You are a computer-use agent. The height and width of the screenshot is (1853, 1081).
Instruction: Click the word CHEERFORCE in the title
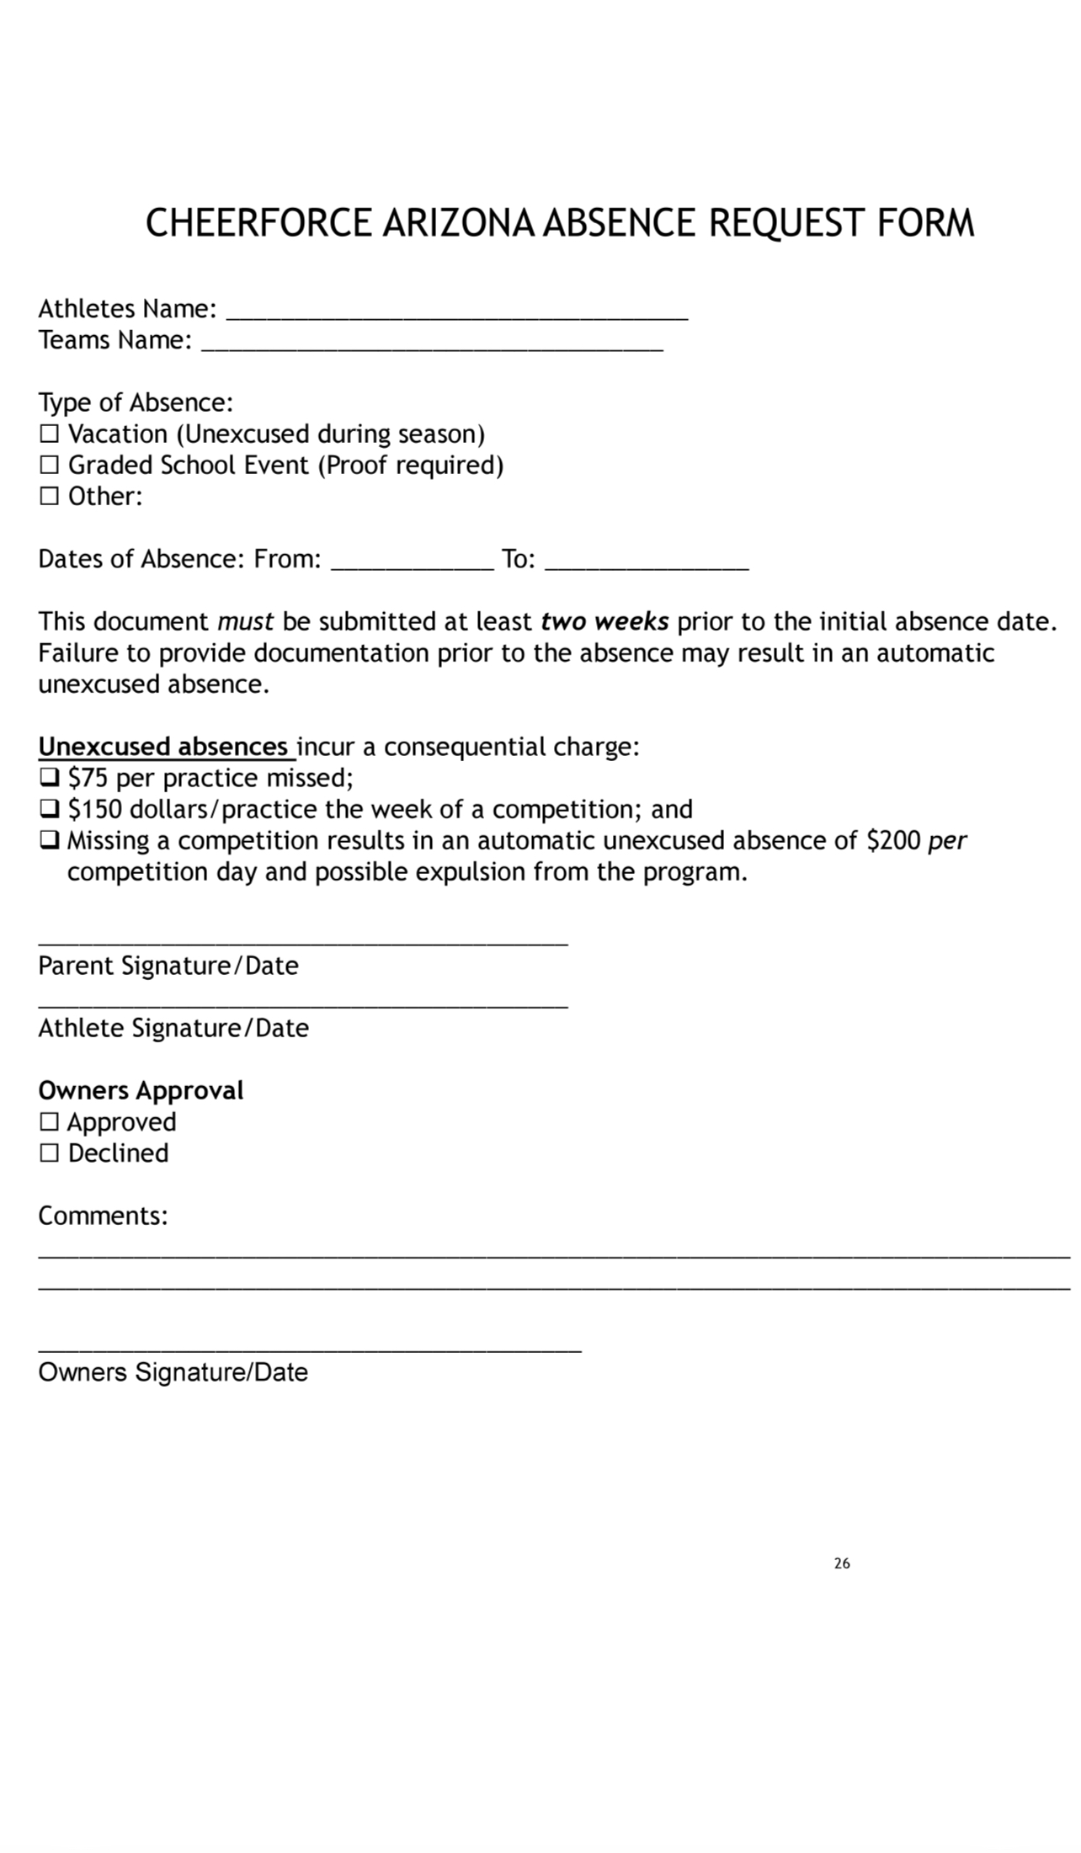[x=258, y=224]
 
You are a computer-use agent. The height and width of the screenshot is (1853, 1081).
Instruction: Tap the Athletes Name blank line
[x=458, y=317]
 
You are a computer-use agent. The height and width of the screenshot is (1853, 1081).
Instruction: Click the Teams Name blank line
[x=433, y=347]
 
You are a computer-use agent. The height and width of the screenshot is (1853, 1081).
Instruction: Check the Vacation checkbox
[x=50, y=434]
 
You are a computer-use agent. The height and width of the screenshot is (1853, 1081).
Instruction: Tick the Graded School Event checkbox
[x=50, y=466]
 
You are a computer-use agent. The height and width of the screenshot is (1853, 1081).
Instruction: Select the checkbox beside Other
[x=50, y=497]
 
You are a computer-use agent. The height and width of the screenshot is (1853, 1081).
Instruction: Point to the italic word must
[x=245, y=622]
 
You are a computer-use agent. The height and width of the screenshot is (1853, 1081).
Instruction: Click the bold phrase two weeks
[x=604, y=622]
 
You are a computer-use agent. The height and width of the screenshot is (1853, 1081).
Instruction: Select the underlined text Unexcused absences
[x=164, y=747]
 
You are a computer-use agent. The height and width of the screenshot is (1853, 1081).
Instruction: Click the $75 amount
[x=88, y=778]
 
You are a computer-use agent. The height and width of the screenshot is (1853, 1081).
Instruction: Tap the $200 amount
[x=893, y=840]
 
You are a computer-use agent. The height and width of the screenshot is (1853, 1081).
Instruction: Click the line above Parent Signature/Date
[x=303, y=943]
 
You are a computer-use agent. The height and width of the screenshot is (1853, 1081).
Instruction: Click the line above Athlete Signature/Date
[x=303, y=1005]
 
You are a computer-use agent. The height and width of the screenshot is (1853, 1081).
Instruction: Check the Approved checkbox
[x=50, y=1122]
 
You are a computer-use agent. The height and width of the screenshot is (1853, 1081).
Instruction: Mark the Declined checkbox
[x=50, y=1153]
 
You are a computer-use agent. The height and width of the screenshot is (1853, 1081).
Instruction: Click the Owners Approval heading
[x=141, y=1091]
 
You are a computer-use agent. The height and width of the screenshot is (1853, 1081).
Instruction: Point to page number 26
[x=842, y=1563]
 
